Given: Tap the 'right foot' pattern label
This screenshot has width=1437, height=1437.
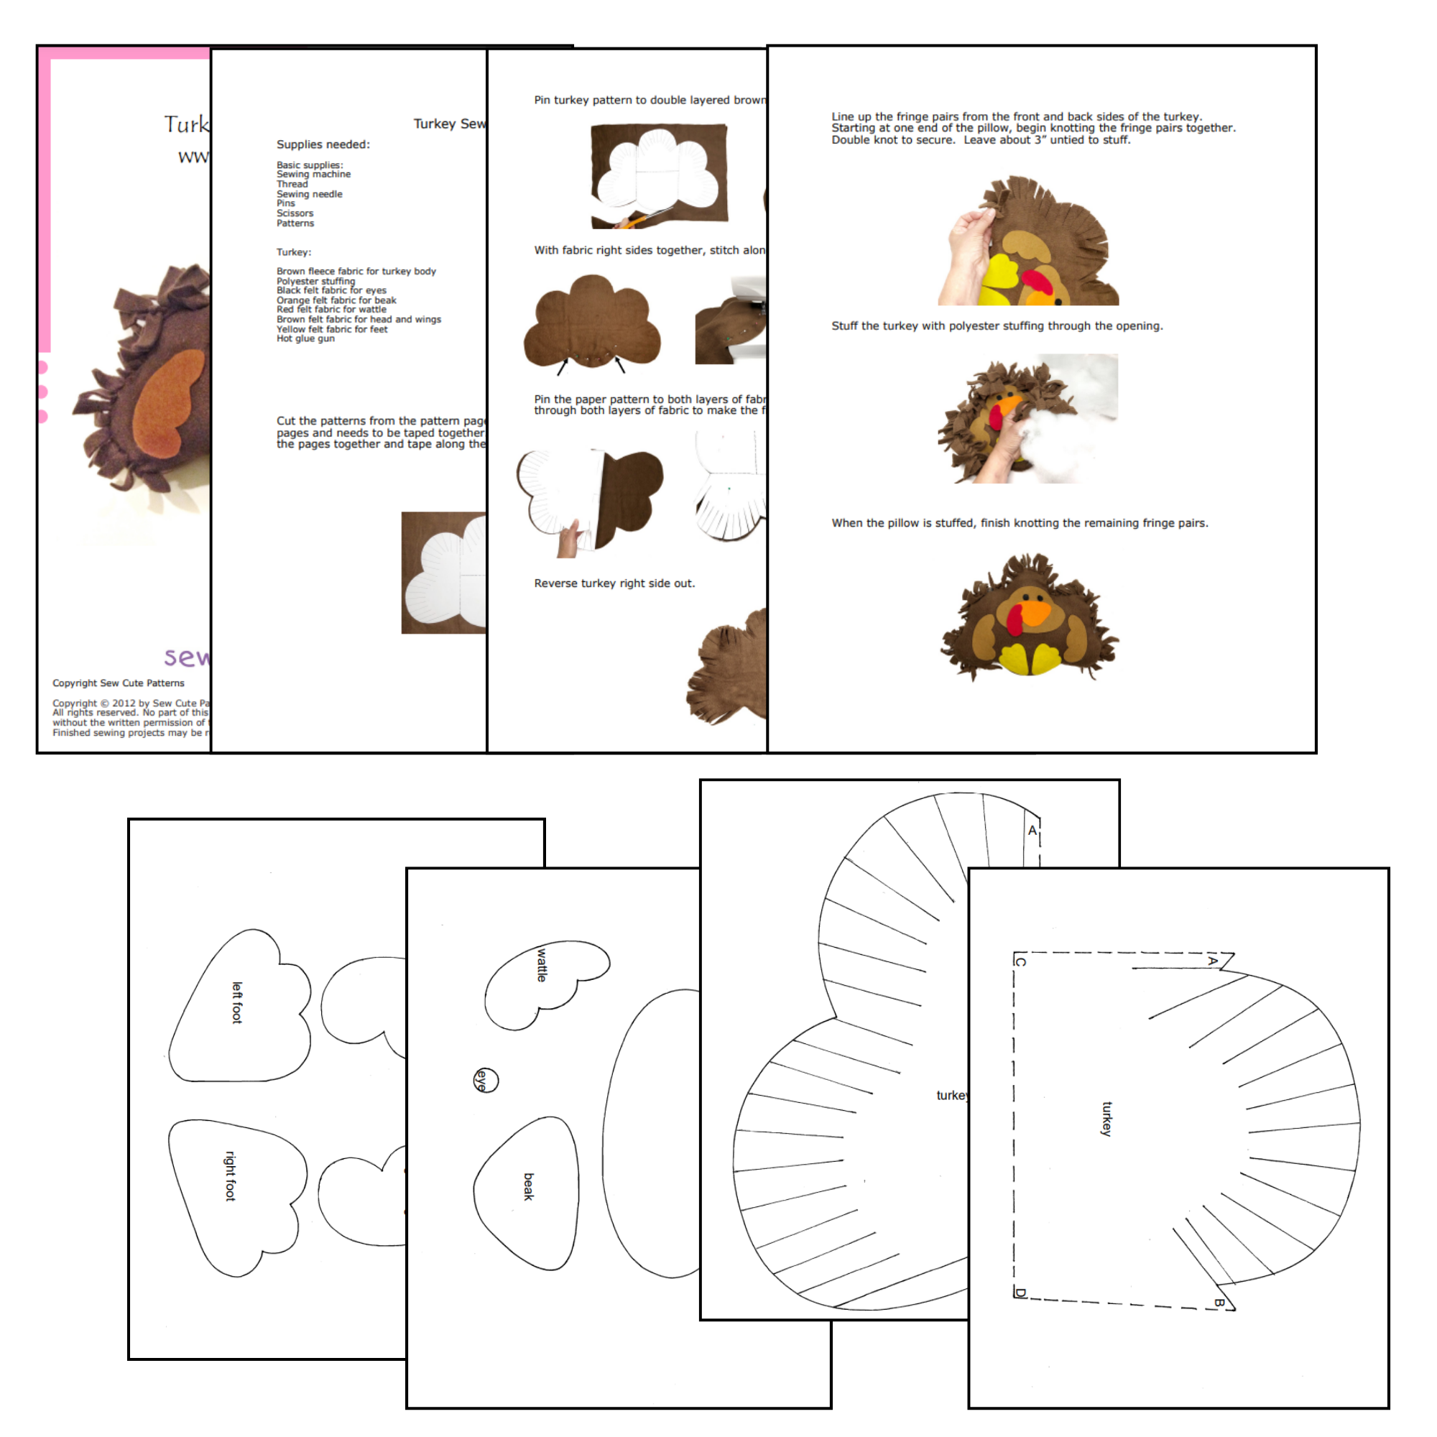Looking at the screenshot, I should pos(231,1175).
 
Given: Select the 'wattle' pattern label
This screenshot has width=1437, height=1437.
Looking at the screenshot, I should pos(542,964).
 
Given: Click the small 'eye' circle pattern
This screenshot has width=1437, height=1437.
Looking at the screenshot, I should pos(485,1080).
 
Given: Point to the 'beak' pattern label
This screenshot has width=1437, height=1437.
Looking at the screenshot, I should pos(528,1186).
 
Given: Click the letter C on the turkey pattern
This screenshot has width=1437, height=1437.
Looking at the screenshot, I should pos(1020,962).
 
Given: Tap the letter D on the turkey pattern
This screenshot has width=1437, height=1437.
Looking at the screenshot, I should pos(1020,1293).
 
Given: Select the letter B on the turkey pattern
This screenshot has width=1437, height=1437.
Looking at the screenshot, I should pos(1219,1303).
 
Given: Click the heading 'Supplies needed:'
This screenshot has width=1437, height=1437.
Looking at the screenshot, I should pos(323,144).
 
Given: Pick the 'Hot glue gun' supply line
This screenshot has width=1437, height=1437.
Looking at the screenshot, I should pos(305,338).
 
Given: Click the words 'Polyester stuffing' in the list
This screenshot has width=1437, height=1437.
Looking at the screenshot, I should pos(315,281).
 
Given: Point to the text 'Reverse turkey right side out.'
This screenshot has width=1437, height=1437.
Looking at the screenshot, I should pos(614,583).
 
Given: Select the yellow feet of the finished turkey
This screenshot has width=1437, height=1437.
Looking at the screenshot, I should pos(1030,659).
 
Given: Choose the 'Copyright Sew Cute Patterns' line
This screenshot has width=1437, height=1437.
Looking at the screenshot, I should pos(119,683).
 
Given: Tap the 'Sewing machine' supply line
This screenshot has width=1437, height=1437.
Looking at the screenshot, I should pos(313,174).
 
